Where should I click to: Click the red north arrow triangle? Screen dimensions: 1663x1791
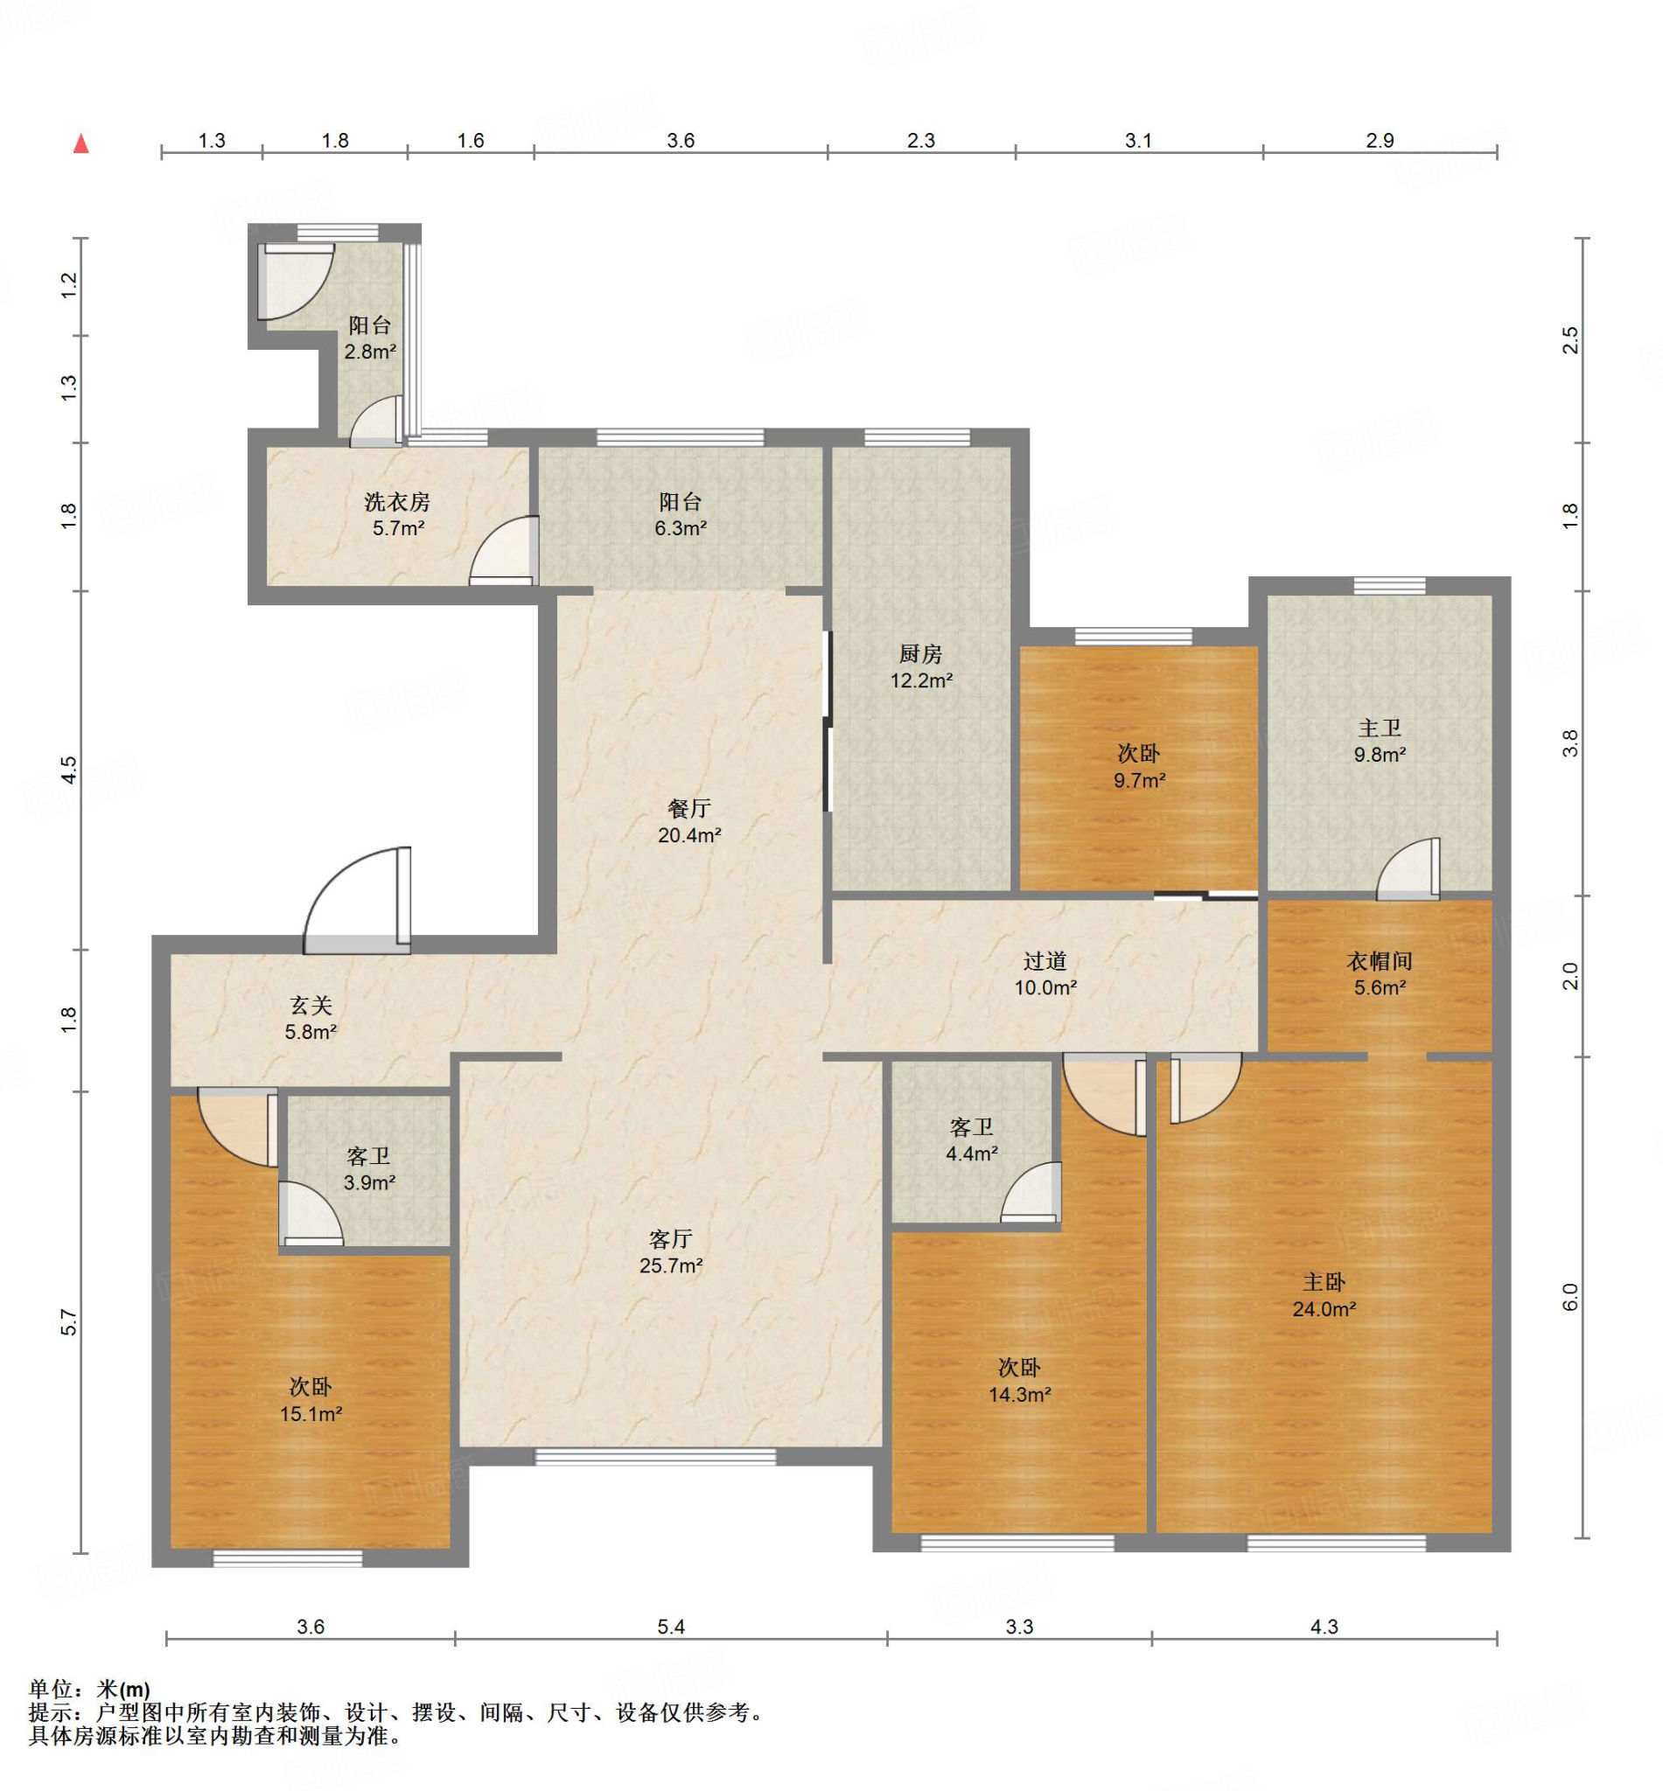(81, 143)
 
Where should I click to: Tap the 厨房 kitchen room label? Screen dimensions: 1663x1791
(920, 654)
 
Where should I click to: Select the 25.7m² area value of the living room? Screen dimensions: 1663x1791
(671, 1265)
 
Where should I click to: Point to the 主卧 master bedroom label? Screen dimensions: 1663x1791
(1324, 1282)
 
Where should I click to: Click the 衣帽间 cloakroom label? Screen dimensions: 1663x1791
(1380, 961)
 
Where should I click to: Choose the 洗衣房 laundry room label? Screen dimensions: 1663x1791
(398, 502)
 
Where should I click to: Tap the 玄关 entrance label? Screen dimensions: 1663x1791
(311, 1006)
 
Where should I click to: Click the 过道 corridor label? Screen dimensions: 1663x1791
(1045, 961)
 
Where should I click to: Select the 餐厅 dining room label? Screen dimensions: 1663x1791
(689, 809)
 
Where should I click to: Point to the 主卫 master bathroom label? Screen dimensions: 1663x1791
(1380, 728)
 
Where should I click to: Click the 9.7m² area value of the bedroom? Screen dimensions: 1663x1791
(1139, 780)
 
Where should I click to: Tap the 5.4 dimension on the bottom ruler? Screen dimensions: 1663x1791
(671, 1627)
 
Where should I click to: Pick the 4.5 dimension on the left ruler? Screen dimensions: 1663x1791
(70, 769)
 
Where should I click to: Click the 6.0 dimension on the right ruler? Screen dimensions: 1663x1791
(1569, 1296)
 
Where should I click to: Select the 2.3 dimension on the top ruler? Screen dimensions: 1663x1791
(920, 140)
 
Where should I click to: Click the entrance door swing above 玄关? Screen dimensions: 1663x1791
(357, 900)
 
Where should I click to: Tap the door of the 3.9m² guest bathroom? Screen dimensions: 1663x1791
(310, 1214)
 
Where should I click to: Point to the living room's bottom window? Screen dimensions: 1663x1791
(655, 1456)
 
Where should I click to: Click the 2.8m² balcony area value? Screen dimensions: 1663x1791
(370, 351)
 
